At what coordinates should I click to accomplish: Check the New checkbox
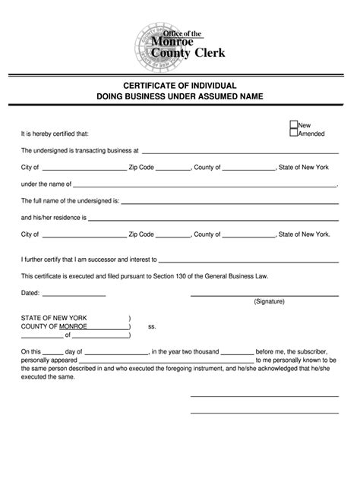coord(293,124)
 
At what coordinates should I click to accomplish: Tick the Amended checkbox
coord(293,133)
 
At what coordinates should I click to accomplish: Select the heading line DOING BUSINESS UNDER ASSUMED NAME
coord(179,98)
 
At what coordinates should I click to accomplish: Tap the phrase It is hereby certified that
coord(49,134)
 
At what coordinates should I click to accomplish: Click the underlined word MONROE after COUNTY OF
coord(73,326)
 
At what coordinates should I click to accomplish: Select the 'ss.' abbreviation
coord(152,326)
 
